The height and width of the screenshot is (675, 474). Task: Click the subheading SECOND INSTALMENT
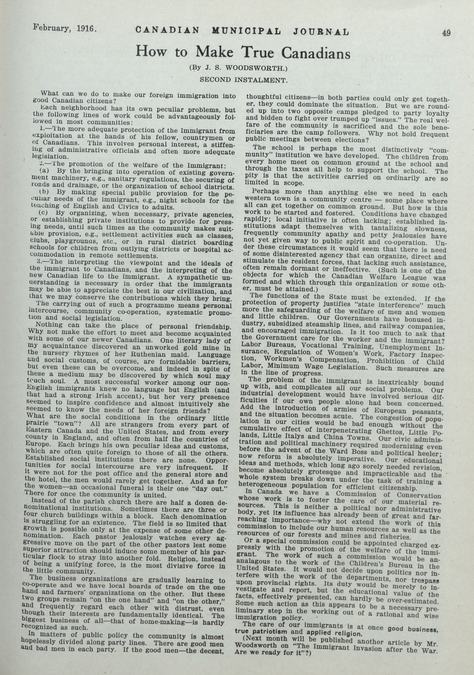point(243,79)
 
